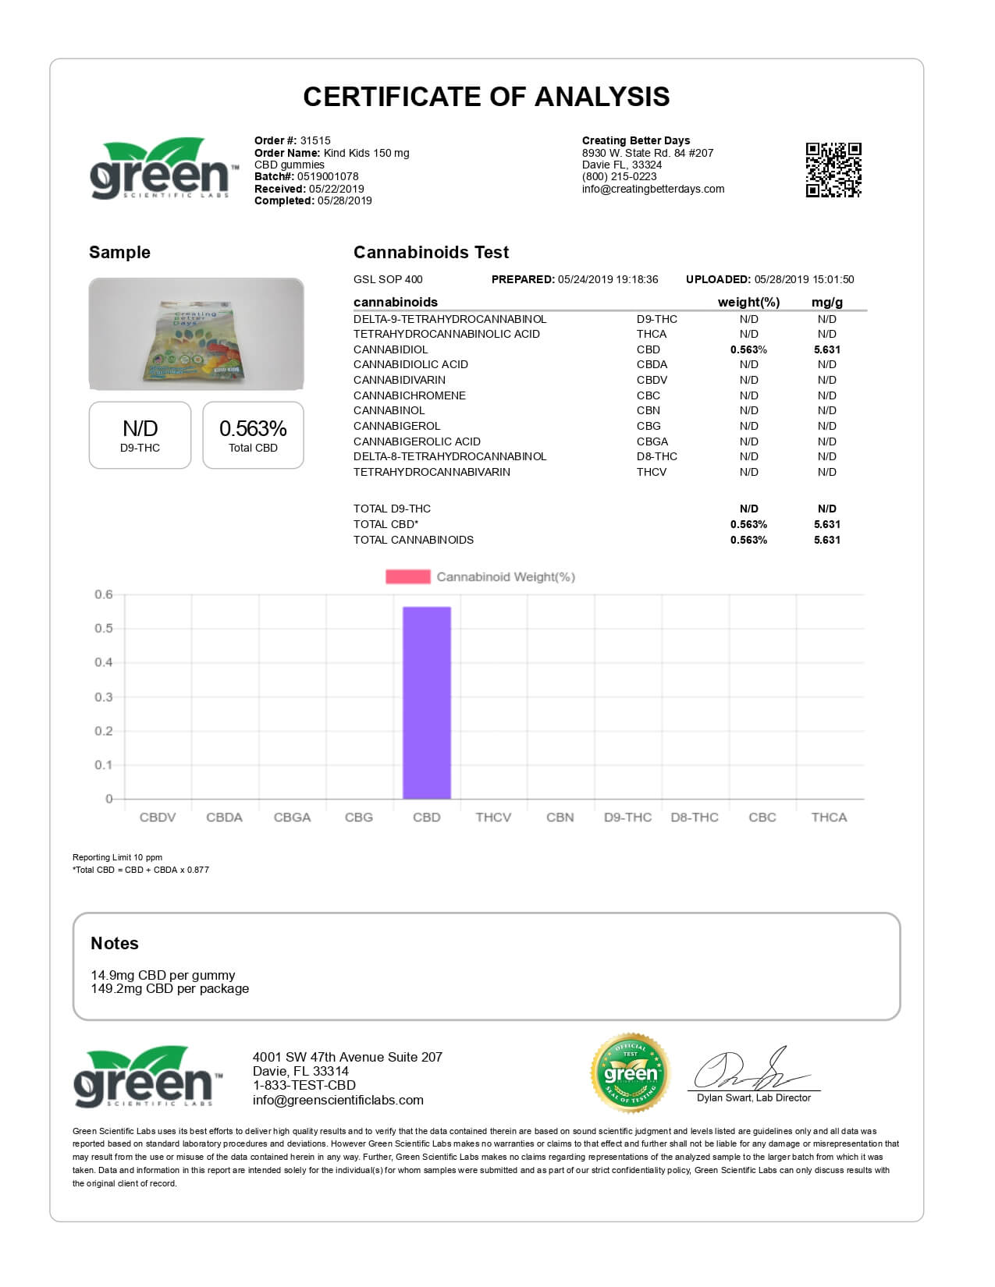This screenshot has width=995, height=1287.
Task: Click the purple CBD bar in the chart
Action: coord(426,702)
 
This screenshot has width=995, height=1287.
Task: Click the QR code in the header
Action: coord(833,170)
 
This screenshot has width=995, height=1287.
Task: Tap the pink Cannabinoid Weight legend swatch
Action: coord(407,577)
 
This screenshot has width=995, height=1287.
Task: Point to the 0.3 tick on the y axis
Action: coord(104,697)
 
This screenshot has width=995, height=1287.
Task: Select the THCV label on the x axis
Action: coord(493,817)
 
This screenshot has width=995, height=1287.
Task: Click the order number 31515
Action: coord(315,141)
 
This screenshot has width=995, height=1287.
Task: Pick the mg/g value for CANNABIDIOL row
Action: coord(826,350)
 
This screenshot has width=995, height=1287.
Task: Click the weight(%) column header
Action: coord(748,303)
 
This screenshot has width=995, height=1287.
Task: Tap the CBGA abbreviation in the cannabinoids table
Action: coord(652,441)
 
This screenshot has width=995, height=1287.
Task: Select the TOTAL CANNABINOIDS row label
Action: coord(414,540)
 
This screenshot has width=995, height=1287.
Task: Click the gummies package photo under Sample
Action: coord(196,335)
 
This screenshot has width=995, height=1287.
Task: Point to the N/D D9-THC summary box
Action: coord(140,435)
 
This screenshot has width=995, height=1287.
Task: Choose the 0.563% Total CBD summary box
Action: coord(253,435)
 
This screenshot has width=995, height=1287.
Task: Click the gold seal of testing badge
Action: coord(631,1074)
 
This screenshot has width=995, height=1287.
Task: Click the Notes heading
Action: coord(115,944)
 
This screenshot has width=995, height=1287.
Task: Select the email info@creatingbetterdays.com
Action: coord(653,189)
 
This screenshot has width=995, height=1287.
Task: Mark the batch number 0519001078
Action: coord(328,177)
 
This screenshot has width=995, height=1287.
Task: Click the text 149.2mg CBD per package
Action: coord(170,989)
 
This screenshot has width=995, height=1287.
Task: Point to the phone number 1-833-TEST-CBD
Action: coord(304,1086)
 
